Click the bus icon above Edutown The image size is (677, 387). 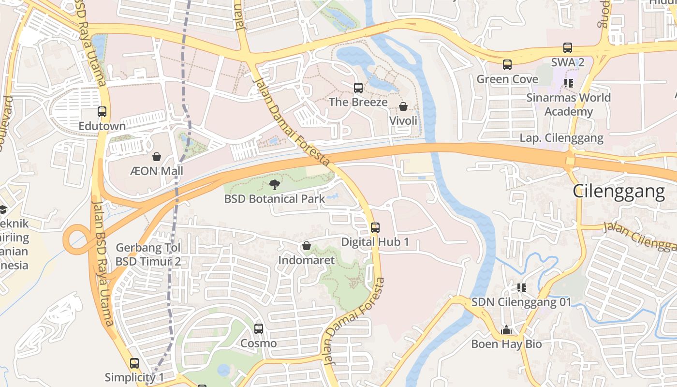(x=102, y=112)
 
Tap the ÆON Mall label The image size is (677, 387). (x=157, y=171)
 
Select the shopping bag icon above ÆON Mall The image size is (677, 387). (x=157, y=157)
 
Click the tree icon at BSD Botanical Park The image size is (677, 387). (x=275, y=184)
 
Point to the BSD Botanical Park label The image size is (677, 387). (x=275, y=199)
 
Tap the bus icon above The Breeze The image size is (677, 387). (x=358, y=88)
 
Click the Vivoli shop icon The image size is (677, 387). (x=403, y=106)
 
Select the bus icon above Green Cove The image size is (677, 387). (x=507, y=65)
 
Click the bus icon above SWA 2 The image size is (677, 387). (x=568, y=48)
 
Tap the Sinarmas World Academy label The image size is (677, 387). (x=569, y=104)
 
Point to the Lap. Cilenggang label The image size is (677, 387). (x=561, y=138)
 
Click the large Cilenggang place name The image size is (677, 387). (x=619, y=192)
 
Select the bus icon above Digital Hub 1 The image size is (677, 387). (x=375, y=227)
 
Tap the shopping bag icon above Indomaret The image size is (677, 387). (x=306, y=246)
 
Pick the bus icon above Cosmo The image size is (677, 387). (x=259, y=329)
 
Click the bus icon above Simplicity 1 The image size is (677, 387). (x=134, y=363)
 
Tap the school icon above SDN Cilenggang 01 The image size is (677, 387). (x=521, y=288)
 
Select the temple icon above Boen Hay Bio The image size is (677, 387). (x=506, y=330)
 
